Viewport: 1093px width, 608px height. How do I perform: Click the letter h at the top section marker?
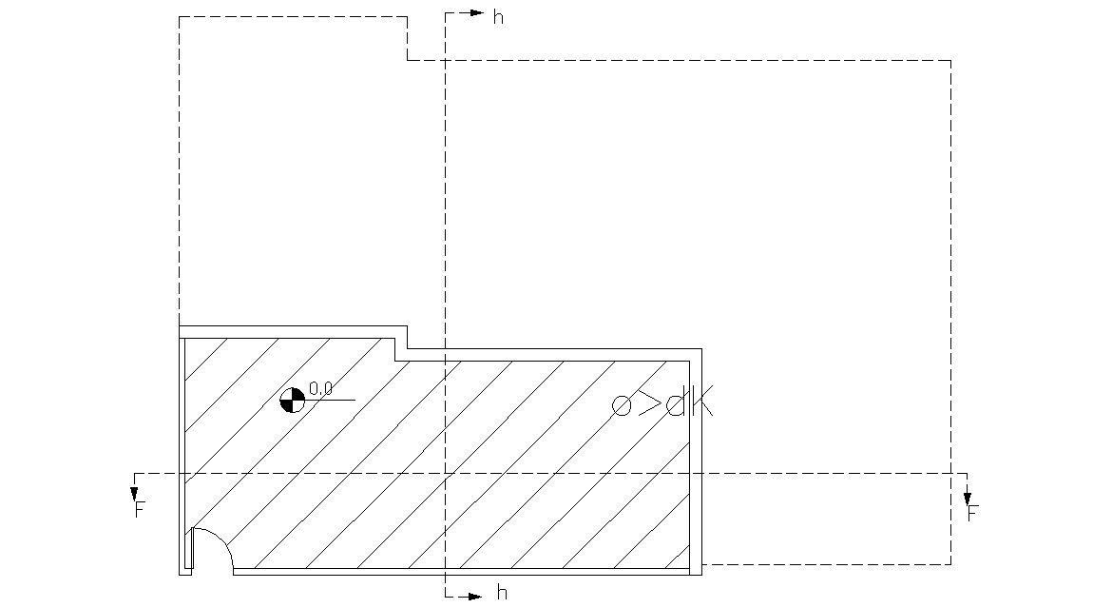[x=498, y=17]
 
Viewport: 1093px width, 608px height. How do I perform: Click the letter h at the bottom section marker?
[x=502, y=594]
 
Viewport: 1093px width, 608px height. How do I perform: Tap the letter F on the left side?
[x=139, y=511]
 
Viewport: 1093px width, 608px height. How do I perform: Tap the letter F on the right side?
[x=972, y=514]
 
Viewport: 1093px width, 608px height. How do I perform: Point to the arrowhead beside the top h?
[x=477, y=13]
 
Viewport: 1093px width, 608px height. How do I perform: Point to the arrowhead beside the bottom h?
[x=477, y=597]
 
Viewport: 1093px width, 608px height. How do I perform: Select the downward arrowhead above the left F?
[x=135, y=494]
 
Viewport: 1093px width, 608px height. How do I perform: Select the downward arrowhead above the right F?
[x=968, y=498]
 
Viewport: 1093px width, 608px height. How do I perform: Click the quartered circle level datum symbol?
[x=292, y=400]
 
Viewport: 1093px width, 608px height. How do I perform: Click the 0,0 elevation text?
[x=320, y=388]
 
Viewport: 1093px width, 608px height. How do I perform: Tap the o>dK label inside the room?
[x=662, y=404]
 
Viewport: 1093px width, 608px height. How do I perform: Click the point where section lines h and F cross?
[x=445, y=473]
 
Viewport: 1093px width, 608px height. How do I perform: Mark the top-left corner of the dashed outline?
[x=180, y=16]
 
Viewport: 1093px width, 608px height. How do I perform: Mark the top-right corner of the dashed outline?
[x=950, y=60]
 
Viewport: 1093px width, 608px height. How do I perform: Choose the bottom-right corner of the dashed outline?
[x=950, y=563]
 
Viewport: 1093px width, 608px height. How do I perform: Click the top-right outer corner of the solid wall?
[x=701, y=349]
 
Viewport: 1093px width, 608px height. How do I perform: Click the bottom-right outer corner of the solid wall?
[x=701, y=575]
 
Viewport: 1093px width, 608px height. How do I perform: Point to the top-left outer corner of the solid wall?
[x=180, y=326]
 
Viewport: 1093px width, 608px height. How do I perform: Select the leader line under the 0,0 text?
[x=333, y=400]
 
